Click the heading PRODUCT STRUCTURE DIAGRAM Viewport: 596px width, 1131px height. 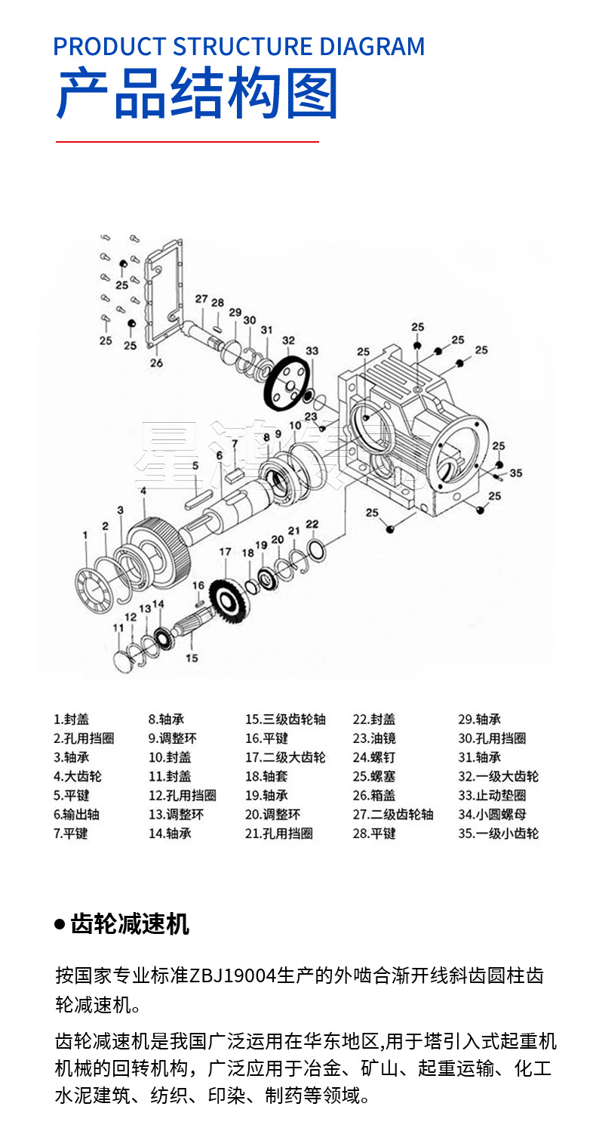(x=238, y=47)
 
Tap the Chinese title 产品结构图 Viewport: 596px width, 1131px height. (x=197, y=94)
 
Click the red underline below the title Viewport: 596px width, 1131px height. (x=187, y=141)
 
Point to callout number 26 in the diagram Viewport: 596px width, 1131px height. (x=156, y=362)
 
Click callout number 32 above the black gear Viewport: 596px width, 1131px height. (x=288, y=341)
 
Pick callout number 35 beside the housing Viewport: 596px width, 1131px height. (x=516, y=473)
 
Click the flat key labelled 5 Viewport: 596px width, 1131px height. (x=199, y=495)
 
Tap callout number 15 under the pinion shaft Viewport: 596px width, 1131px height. (x=192, y=658)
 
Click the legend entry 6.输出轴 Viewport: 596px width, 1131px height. (x=76, y=814)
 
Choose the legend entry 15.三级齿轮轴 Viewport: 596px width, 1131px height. (x=285, y=720)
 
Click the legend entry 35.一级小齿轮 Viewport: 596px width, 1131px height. (x=498, y=834)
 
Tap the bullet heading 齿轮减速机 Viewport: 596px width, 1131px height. (x=129, y=923)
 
